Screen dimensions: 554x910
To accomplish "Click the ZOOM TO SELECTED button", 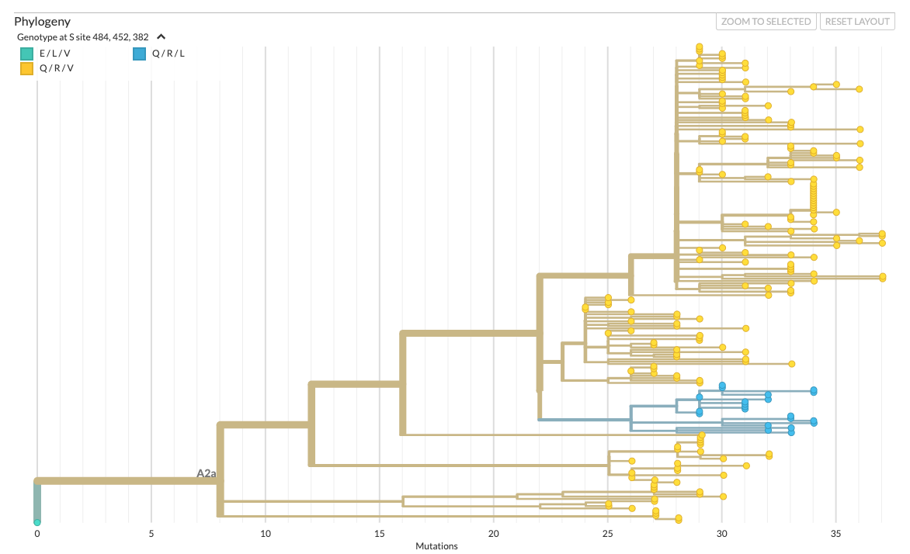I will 766,22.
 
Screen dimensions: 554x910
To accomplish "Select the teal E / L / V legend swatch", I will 26,54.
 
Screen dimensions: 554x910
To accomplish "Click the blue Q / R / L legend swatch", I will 139,54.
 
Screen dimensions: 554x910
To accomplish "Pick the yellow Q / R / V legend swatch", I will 26,68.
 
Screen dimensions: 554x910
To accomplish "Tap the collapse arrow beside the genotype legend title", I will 161,36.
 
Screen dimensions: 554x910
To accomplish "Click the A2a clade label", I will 206,473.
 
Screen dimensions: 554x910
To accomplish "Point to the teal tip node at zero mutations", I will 36,522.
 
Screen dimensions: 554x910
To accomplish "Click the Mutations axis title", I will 436,546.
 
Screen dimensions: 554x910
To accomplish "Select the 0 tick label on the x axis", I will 36,534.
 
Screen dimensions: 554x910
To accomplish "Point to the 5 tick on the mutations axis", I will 151,534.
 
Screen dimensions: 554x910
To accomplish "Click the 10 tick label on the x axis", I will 266,534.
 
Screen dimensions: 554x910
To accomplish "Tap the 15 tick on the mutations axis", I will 380,534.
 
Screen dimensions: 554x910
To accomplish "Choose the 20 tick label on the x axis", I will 494,534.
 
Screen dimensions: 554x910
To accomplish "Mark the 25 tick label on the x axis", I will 608,534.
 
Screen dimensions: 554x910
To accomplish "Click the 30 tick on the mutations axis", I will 722,534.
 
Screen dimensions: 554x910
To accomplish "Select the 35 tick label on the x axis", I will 836,534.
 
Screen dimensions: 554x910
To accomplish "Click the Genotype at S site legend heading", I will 83,36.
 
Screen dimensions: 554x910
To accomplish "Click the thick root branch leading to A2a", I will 124,481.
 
